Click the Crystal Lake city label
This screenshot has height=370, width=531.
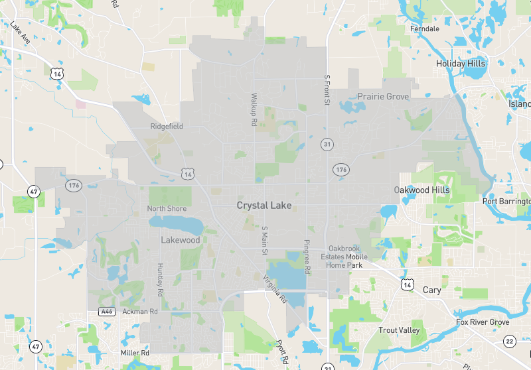[264, 206]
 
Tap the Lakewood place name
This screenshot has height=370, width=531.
[180, 240]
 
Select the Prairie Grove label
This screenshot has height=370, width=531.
[383, 96]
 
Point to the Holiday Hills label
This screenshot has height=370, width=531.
[461, 64]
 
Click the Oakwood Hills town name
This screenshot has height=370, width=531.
[421, 190]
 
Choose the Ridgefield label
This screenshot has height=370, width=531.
[167, 126]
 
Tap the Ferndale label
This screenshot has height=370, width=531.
[425, 29]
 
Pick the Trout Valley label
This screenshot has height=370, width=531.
[399, 330]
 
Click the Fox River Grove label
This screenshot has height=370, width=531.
[483, 322]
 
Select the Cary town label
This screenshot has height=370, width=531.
[431, 290]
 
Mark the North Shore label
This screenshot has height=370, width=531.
[167, 209]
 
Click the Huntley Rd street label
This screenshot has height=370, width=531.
[159, 279]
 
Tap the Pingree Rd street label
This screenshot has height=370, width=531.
[307, 257]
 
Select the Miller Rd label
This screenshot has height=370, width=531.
[135, 353]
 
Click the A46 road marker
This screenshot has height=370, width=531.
[106, 311]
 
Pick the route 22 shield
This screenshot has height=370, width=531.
[509, 341]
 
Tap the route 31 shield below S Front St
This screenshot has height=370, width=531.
[327, 144]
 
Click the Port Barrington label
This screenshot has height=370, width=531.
[507, 202]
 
